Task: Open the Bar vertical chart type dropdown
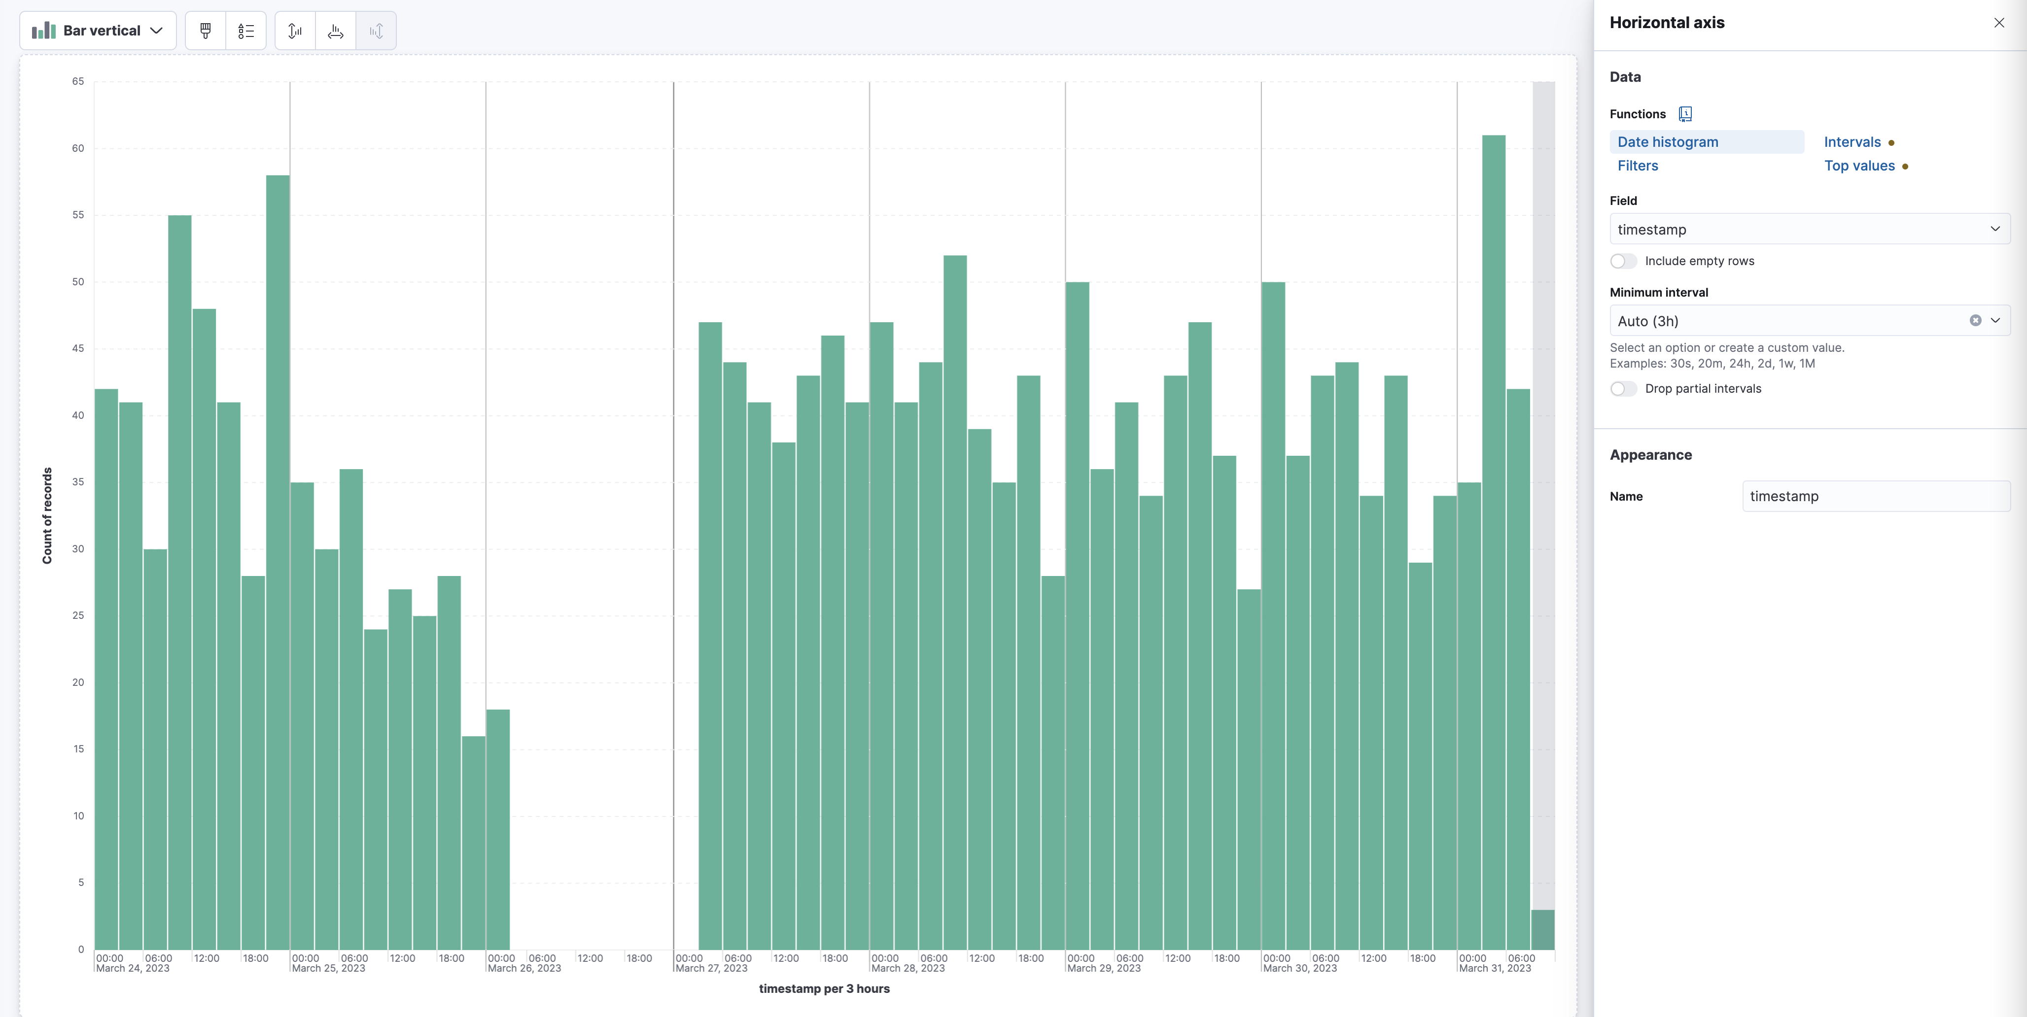coord(98,31)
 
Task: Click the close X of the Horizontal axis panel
coord(1999,23)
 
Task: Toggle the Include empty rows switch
coord(1623,261)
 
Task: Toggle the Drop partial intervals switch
coord(1623,389)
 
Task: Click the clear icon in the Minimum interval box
coord(1975,320)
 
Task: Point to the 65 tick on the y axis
coord(78,81)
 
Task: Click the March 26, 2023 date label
coord(524,968)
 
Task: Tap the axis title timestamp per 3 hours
coord(824,989)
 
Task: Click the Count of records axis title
coord(47,515)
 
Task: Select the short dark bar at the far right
coord(1542,930)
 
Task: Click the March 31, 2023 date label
coord(1495,968)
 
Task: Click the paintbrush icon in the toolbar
coord(206,31)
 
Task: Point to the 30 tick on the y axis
coord(78,549)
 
